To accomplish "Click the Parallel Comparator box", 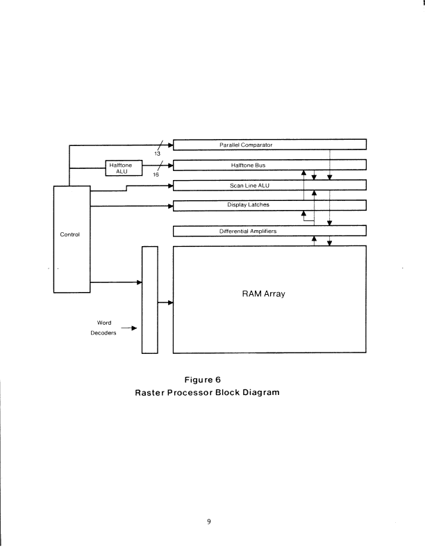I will [269, 145].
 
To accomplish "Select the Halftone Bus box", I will [269, 165].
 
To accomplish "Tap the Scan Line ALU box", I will [269, 185].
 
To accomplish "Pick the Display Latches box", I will [269, 205].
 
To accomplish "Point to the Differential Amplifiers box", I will [269, 230].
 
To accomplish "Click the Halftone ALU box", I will [124, 168].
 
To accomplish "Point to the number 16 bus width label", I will [156, 175].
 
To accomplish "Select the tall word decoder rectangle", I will [149, 300].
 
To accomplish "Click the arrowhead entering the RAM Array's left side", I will [170, 302].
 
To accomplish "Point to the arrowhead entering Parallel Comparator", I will [169, 145].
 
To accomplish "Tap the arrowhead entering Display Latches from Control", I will [169, 205].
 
